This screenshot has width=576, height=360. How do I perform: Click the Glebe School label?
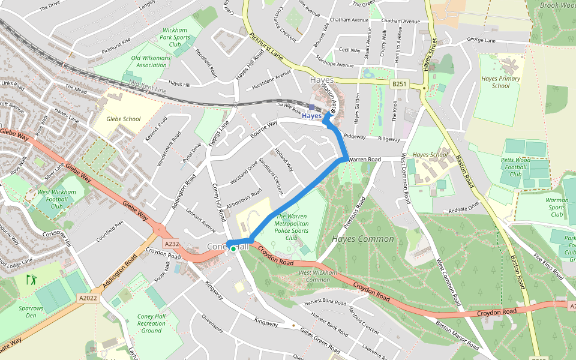pos(123,119)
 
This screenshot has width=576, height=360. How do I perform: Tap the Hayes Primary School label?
pos(500,82)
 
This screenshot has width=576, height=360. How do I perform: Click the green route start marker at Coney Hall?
pos(233,248)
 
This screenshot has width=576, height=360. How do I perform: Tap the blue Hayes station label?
pos(311,116)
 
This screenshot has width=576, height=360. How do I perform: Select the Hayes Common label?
pos(363,239)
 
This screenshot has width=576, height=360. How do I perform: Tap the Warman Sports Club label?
pos(557,208)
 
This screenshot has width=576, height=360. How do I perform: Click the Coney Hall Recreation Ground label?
pos(151,323)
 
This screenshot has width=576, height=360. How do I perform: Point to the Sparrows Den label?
pos(31,311)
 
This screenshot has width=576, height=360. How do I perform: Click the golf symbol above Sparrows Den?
pos(31,280)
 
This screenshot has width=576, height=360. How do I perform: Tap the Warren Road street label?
pos(365,160)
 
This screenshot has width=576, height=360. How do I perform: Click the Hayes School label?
pos(430,155)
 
